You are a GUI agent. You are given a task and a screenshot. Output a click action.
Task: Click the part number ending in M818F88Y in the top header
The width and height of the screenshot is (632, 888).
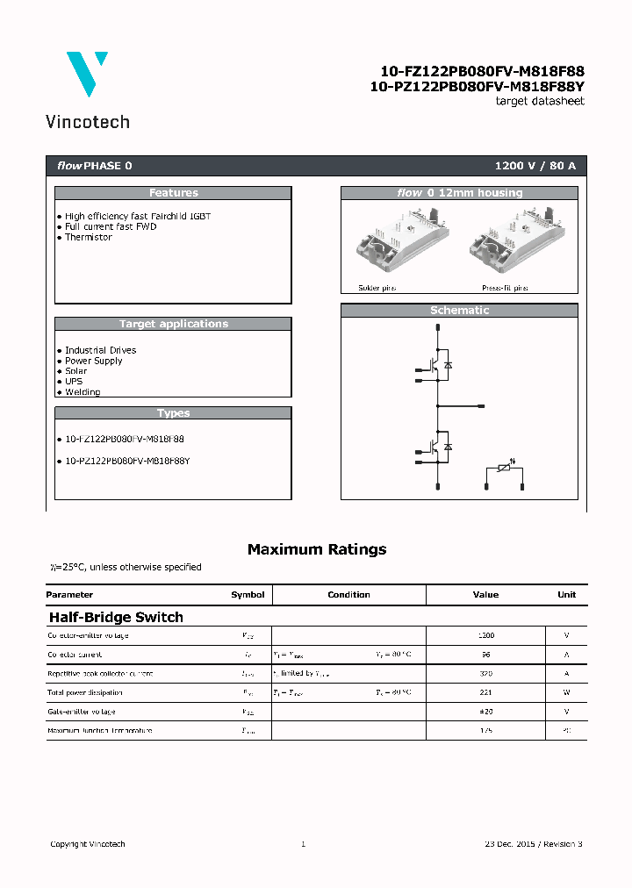click(x=477, y=86)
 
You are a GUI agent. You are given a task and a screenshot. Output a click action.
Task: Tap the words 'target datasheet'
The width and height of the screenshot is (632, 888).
click(x=540, y=101)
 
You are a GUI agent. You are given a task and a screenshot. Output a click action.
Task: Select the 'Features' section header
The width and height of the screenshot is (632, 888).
click(x=173, y=193)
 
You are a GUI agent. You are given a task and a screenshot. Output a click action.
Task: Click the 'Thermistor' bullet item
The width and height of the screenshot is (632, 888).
click(x=88, y=237)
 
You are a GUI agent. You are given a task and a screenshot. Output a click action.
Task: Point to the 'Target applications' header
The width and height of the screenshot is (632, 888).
click(x=173, y=324)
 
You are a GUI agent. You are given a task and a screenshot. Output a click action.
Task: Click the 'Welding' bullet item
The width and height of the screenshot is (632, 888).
click(x=82, y=392)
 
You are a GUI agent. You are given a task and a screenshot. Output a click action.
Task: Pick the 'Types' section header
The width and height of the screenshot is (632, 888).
click(x=173, y=413)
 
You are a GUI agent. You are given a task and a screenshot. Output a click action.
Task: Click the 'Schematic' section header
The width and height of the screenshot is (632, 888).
click(x=459, y=311)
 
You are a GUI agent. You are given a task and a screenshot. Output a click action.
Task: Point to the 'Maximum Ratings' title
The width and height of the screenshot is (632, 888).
click(x=316, y=549)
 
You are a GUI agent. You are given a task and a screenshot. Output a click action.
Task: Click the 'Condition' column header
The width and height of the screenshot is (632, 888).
click(x=348, y=595)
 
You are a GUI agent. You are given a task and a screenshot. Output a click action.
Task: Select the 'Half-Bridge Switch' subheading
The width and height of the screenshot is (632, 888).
click(x=116, y=617)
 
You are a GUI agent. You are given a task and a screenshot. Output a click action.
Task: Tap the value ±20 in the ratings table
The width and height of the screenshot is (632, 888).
click(x=485, y=712)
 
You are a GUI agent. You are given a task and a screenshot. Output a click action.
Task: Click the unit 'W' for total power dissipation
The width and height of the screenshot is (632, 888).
click(x=566, y=692)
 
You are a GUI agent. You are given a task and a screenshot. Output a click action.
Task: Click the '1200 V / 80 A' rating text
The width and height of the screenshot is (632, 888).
click(x=535, y=166)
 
